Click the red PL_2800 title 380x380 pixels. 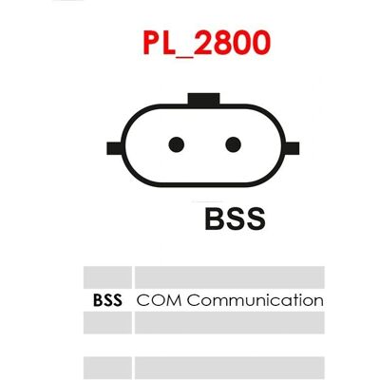point(206,44)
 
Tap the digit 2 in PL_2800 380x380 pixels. point(203,43)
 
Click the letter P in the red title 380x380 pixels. point(151,43)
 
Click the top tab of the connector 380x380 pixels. point(203,99)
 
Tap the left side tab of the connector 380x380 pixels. point(114,148)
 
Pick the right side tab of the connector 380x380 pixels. point(293,148)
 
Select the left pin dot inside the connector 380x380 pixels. point(177,144)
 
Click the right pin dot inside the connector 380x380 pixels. point(233,144)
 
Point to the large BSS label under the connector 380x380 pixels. point(235,218)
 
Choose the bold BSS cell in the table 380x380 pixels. point(107,300)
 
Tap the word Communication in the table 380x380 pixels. point(255,300)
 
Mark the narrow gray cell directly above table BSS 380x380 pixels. point(107,277)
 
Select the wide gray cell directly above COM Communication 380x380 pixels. point(230,277)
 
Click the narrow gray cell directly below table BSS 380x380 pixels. point(107,323)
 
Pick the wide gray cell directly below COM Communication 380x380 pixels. point(230,323)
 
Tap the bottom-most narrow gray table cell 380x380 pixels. point(107,368)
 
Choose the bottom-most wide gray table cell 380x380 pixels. point(230,368)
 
